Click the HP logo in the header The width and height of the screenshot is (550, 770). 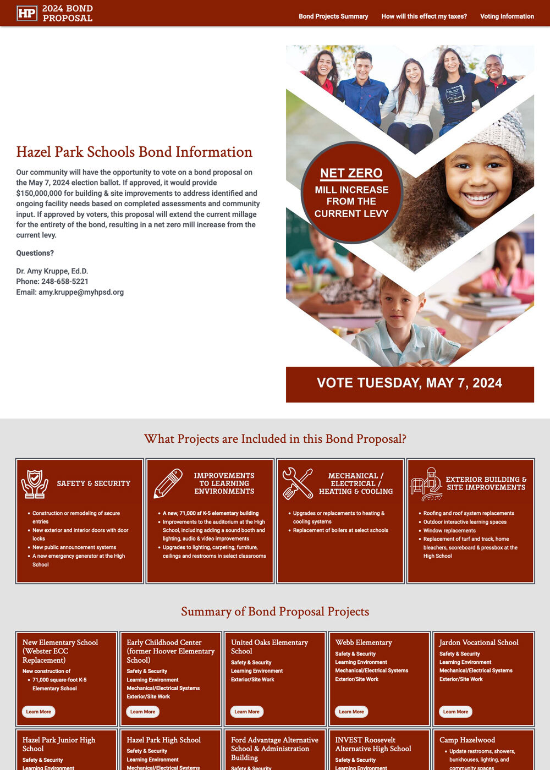[26, 13]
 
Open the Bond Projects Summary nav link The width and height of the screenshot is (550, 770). [333, 16]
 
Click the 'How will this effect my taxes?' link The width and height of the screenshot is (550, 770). [424, 16]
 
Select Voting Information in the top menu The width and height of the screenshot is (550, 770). [507, 16]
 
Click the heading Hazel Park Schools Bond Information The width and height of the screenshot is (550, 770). [134, 152]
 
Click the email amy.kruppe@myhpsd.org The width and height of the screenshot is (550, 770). [81, 292]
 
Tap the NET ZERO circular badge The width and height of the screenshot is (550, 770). [351, 193]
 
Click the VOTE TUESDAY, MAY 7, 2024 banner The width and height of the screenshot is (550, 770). [410, 383]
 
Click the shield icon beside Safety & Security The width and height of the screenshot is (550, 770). [35, 483]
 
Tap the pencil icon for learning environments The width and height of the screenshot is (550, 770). [168, 483]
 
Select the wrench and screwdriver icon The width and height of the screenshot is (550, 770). [298, 483]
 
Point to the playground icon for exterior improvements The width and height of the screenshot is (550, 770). [427, 483]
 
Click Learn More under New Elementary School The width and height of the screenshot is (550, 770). [38, 712]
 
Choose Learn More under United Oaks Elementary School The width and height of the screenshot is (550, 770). [247, 712]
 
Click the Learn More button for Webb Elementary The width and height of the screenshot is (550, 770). [351, 712]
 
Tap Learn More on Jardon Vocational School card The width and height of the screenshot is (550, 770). [455, 712]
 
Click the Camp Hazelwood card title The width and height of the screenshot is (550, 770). [467, 740]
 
